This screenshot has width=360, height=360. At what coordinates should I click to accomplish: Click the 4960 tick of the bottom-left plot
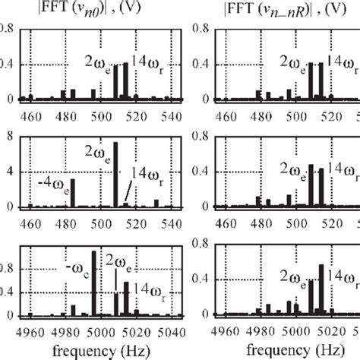33,330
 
